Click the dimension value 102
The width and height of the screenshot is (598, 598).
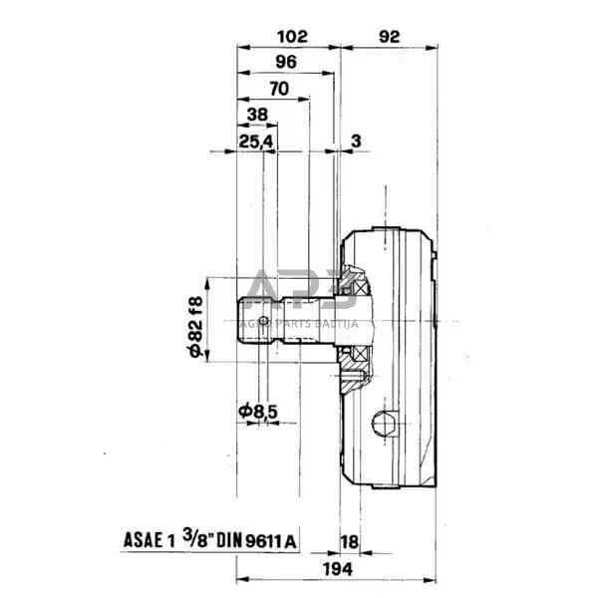tap(292, 37)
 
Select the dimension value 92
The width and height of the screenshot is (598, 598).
tap(390, 37)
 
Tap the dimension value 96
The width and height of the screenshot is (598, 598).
tap(286, 62)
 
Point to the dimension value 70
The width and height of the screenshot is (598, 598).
tap(279, 89)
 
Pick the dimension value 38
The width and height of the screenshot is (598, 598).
tap(258, 115)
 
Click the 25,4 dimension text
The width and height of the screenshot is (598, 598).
tap(256, 142)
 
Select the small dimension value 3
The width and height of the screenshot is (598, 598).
tap(356, 142)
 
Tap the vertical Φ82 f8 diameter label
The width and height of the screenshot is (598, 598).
tap(196, 327)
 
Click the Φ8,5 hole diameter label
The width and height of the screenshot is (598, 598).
tap(258, 411)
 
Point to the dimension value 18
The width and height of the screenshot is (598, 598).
tap(350, 541)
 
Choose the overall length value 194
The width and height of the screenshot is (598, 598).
tap(338, 570)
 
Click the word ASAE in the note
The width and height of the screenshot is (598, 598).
tap(143, 540)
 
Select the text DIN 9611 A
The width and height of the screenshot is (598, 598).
tap(256, 540)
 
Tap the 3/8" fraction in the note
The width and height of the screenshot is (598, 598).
tap(197, 538)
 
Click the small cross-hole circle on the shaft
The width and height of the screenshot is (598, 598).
tap(263, 321)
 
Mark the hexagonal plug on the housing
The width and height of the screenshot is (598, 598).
tap(385, 424)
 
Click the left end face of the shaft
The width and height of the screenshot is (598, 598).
tap(238, 320)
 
